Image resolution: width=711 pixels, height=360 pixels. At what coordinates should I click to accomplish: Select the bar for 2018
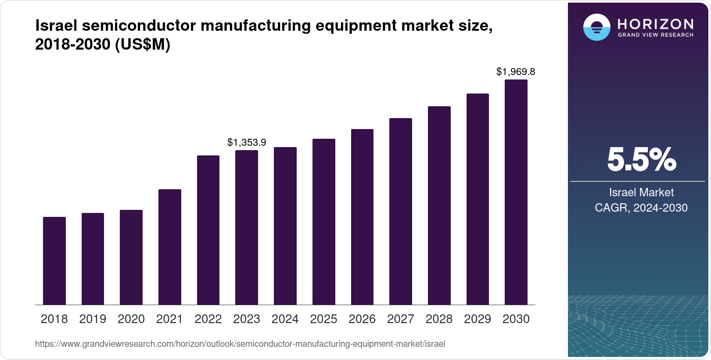coord(54,261)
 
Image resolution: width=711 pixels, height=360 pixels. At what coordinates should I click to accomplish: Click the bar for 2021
coord(170,247)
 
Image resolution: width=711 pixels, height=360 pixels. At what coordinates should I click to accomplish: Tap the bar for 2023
coord(247,227)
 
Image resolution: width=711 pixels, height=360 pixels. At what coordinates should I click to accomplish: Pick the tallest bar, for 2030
coord(516,192)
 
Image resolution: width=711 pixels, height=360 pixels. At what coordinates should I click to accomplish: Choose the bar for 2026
coord(362,217)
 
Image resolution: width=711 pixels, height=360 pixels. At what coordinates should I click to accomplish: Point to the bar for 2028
coord(439,205)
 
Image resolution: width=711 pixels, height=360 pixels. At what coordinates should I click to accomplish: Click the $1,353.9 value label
coord(247,142)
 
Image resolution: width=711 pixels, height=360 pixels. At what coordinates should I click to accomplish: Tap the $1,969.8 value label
coord(516,72)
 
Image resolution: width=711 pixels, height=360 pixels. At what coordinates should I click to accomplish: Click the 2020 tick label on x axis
coord(131,319)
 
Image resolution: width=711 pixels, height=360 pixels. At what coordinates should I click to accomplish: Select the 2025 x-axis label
coord(323,319)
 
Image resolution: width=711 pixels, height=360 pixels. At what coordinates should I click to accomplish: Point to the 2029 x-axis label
coord(478,319)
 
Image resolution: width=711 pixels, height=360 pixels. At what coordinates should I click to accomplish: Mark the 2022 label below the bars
coord(208,319)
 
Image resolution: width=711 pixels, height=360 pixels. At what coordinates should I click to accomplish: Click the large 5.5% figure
coord(641,160)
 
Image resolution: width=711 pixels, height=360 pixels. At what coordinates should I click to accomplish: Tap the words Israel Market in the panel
coord(641,192)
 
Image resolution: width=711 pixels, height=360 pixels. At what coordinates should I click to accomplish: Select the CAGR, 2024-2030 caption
coord(641,208)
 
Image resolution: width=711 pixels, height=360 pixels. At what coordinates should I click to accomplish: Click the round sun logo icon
coord(596,27)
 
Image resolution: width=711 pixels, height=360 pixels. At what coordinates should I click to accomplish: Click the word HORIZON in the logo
coord(656,24)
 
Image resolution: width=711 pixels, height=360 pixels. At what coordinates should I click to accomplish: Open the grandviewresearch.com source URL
coord(240,344)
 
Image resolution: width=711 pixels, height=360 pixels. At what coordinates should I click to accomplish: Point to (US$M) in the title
coord(142,44)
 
